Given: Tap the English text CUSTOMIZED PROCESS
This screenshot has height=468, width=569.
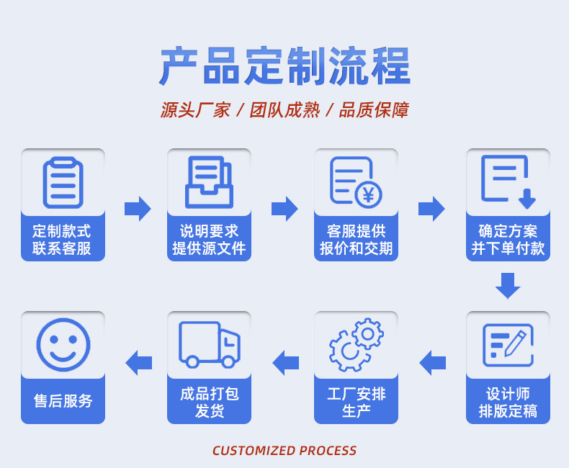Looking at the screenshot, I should [x=284, y=451].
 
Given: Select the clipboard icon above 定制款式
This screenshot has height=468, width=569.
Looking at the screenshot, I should [x=63, y=182].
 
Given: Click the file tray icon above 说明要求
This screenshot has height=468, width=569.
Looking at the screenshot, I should [x=210, y=182].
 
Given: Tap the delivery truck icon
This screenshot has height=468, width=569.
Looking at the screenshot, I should [x=210, y=344].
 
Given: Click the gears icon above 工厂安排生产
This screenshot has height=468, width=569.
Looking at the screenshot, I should [x=356, y=344].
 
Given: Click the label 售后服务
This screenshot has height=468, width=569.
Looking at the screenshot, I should [x=63, y=401].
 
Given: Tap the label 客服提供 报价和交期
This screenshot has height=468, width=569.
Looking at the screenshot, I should [x=356, y=240].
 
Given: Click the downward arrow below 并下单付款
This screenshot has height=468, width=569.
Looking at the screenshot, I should [x=508, y=285].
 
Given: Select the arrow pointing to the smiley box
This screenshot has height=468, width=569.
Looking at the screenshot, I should [x=138, y=361].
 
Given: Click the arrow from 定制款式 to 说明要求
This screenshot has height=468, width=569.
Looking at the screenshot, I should [x=138, y=208].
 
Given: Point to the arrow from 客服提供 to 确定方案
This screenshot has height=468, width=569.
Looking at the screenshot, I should [x=431, y=208].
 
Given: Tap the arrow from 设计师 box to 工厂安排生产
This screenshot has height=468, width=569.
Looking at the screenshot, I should [x=432, y=361].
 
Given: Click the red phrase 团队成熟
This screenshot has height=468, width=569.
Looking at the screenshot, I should [x=284, y=110].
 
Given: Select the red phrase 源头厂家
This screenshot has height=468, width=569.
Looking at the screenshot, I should [x=195, y=110].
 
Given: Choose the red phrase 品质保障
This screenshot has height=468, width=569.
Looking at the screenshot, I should [x=374, y=110].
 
